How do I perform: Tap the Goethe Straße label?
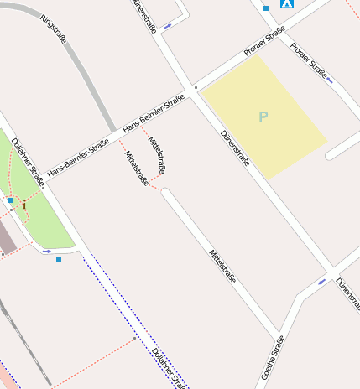pos(273,357)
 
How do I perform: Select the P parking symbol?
pos(263,117)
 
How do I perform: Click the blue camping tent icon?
pos(287,3)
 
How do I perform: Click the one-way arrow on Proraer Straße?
pos(329,80)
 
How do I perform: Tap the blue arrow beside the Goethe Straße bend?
pos(321,282)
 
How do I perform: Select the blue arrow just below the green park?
pos(47,251)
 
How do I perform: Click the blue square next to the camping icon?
pos(266,8)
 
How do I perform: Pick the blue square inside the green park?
pos(10,200)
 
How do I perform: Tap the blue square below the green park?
pos(59,259)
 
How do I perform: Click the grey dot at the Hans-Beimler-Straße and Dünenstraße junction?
pos(196,87)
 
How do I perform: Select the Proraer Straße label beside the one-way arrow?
pos(308,60)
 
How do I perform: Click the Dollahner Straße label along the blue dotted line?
pos(169,367)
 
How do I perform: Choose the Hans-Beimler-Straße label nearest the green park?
pos(78,158)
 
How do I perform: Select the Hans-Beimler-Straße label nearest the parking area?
pos(154,114)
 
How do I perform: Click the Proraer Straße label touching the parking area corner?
pos(265,43)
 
